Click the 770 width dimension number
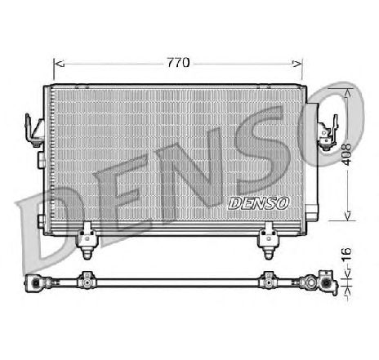coord(178,63)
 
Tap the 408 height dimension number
coord(346,155)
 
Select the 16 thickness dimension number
coord(346,255)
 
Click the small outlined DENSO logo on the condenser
coord(258,203)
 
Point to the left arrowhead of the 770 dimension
coord(59,64)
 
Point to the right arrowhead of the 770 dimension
coord(297,64)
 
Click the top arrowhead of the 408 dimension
coord(347,93)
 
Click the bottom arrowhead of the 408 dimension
coord(347,216)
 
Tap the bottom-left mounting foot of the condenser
coord(87,241)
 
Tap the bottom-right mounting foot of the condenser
coord(268,241)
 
